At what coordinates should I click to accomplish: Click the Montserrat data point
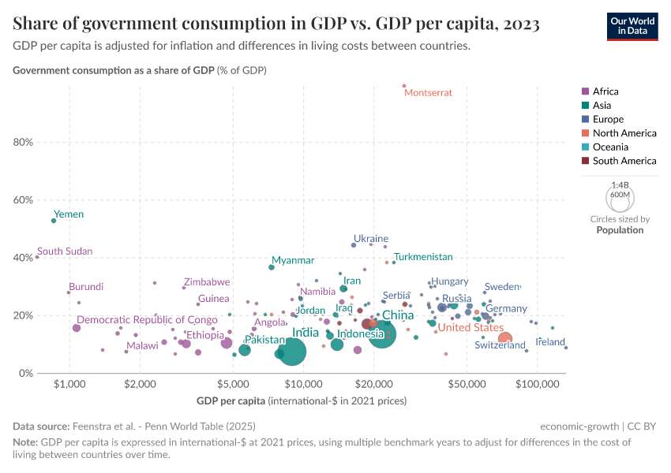click(x=403, y=86)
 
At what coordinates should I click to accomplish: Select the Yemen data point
click(x=54, y=221)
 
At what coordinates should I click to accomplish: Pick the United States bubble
click(x=505, y=339)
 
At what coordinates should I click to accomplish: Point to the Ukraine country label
click(x=370, y=238)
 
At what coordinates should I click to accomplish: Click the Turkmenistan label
click(x=423, y=257)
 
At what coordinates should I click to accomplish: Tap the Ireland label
click(x=550, y=342)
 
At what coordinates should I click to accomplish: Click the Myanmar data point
click(x=272, y=267)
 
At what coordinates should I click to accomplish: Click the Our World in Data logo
click(x=632, y=25)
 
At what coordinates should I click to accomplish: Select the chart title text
click(x=276, y=24)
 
